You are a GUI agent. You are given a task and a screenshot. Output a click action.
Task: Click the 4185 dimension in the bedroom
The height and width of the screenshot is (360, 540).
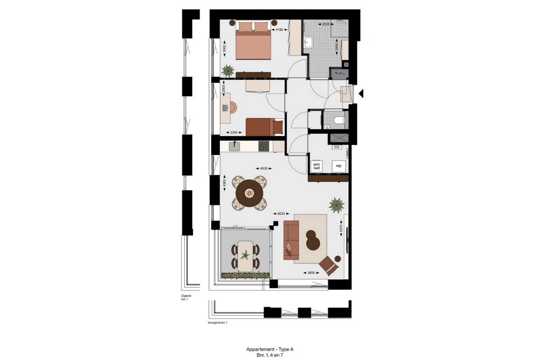point(279,30)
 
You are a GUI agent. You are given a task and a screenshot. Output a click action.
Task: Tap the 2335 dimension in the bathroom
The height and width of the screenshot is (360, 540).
point(326,24)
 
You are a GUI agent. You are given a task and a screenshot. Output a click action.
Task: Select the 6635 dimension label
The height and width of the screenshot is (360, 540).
point(281,214)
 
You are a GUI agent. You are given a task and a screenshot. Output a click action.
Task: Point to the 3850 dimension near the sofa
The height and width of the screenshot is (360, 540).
point(311,273)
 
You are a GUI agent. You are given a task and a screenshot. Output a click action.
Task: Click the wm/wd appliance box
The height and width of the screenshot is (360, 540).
point(316,166)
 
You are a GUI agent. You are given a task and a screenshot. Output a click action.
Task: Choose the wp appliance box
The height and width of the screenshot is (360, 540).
point(339,166)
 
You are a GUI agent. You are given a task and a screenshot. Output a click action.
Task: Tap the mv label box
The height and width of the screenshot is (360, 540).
point(337,147)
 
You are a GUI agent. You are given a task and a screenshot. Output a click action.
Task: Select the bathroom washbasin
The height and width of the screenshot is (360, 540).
point(308,42)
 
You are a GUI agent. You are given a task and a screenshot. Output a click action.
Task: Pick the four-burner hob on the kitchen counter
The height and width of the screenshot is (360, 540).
point(264,146)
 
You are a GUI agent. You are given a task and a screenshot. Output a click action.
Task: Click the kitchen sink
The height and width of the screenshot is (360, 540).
point(234,146)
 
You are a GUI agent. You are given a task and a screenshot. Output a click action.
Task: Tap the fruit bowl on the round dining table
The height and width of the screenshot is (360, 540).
point(249,193)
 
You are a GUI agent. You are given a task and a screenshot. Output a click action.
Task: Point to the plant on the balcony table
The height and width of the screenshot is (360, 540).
point(245,255)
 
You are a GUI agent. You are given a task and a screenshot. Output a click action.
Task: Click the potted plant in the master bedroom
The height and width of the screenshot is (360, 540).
point(228,70)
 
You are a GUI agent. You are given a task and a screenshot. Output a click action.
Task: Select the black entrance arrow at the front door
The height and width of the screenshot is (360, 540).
point(361,93)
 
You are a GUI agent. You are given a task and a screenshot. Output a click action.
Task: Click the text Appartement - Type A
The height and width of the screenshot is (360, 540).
point(270,349)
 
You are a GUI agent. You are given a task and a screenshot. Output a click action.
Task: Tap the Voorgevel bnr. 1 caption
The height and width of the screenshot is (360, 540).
point(217,322)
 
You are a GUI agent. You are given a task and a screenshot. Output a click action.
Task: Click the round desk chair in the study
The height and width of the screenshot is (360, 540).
point(232,107)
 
